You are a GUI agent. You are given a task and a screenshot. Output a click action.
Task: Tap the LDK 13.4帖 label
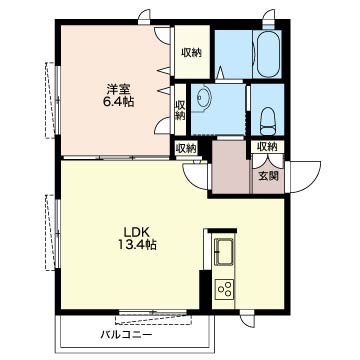pyautogui.click(x=137, y=239)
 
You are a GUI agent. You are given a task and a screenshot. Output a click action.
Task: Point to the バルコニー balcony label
pyautogui.click(x=127, y=335)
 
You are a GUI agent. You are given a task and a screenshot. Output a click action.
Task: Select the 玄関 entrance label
pyautogui.click(x=269, y=176)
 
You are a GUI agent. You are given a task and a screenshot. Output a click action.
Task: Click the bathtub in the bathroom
pyautogui.click(x=268, y=54)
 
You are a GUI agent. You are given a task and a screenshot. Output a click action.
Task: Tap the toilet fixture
pyautogui.click(x=268, y=121)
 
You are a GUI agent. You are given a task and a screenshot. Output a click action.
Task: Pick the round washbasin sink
pyautogui.click(x=203, y=97)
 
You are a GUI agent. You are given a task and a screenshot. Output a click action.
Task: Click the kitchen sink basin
pyautogui.click(x=224, y=251)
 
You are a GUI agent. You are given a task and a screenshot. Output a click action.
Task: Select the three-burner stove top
pyautogui.click(x=224, y=289)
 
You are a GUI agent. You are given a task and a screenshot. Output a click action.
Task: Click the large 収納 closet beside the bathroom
pyautogui.click(x=192, y=53)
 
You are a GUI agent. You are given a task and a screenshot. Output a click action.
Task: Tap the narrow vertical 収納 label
pyautogui.click(x=180, y=110)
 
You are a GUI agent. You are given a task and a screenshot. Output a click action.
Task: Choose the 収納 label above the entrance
pyautogui.click(x=267, y=146)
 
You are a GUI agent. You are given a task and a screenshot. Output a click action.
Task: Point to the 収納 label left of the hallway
pyautogui.click(x=186, y=148)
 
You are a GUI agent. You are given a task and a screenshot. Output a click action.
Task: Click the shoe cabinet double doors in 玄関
pyautogui.click(x=268, y=161)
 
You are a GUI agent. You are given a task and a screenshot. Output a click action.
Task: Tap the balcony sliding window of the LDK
pyautogui.click(x=153, y=313)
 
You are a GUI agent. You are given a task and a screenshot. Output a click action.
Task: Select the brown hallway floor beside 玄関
pyautogui.click(x=231, y=167)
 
